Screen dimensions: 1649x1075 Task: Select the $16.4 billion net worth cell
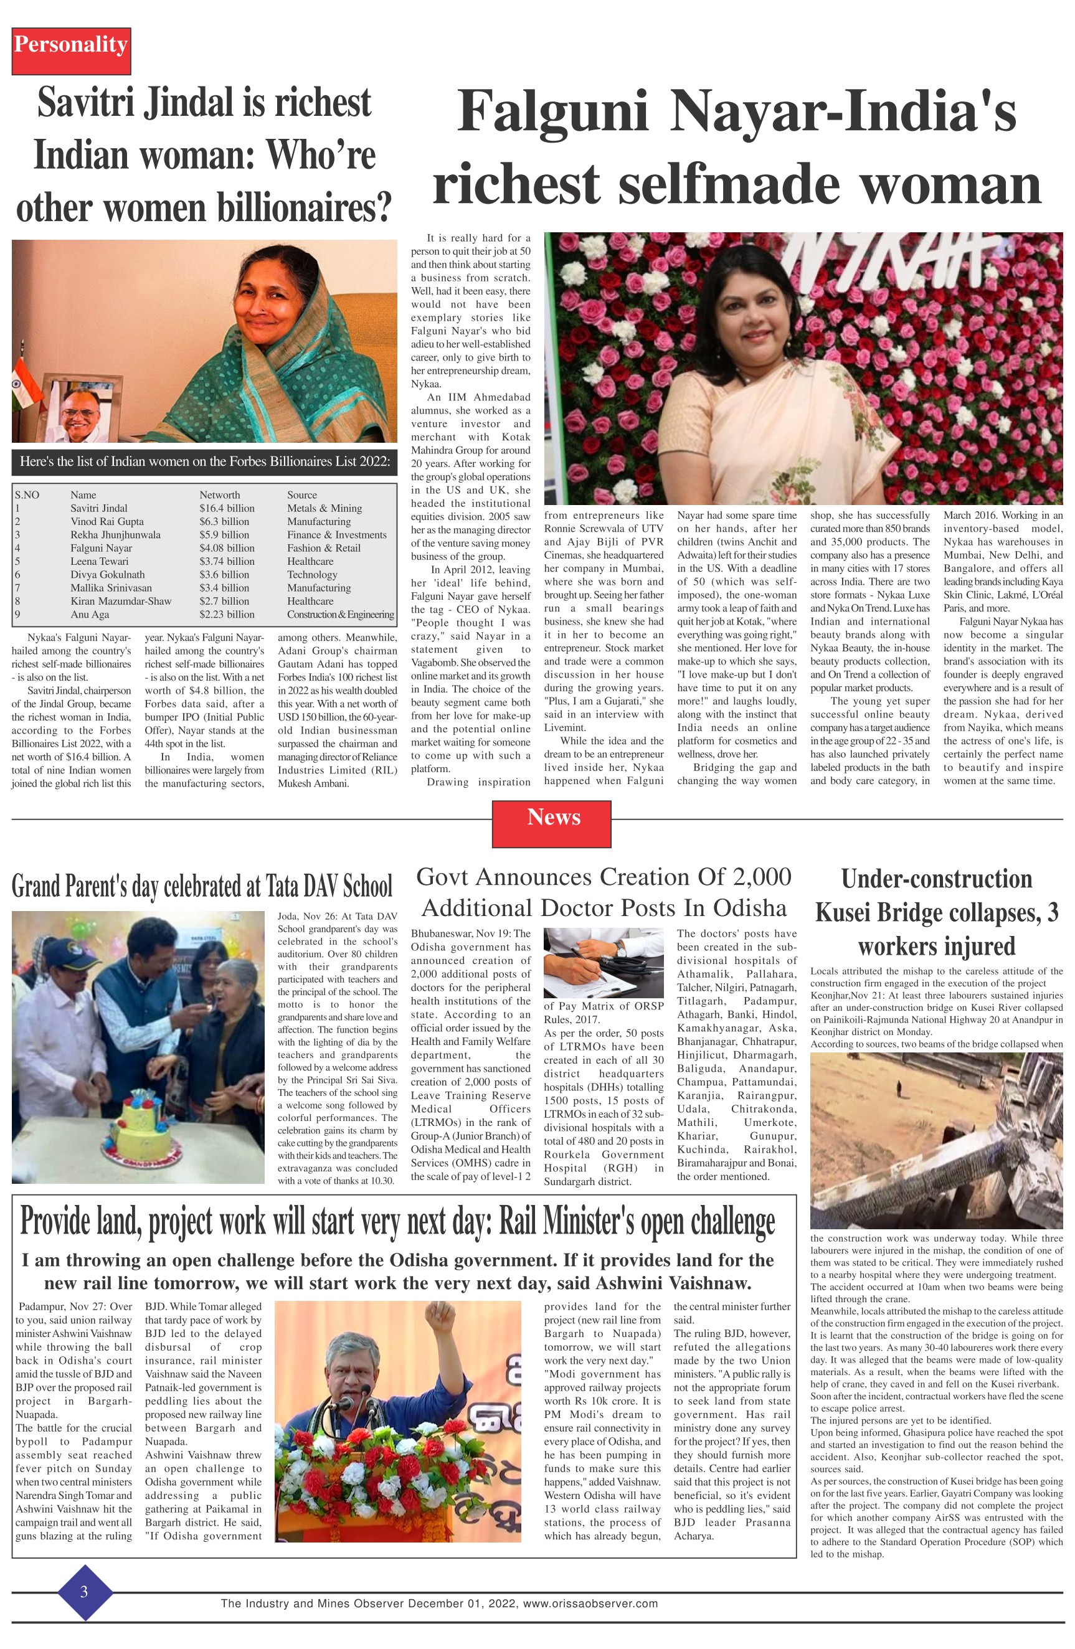[227, 508]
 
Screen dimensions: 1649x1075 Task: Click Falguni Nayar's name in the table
[101, 547]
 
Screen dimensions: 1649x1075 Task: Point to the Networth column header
[220, 494]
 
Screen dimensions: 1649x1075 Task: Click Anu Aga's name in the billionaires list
[90, 614]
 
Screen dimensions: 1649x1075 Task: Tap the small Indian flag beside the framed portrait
[19, 388]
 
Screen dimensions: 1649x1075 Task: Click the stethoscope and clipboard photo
[604, 962]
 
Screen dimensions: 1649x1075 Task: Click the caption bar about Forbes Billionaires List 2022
[204, 462]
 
